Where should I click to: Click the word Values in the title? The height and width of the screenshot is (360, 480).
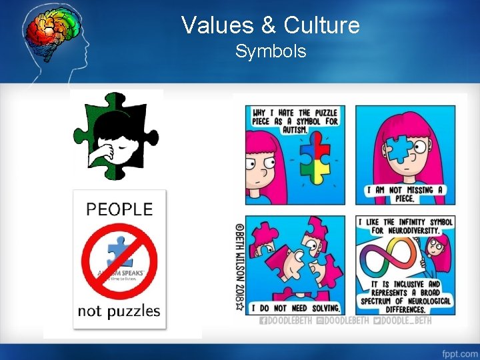click(x=217, y=25)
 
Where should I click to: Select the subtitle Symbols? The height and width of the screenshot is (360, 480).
click(x=271, y=51)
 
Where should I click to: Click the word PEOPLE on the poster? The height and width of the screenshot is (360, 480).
click(x=119, y=209)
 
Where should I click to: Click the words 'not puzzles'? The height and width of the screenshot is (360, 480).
click(x=119, y=311)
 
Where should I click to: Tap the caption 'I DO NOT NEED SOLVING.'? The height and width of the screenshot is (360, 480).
click(x=297, y=308)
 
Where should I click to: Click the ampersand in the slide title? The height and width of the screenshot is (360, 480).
click(x=269, y=26)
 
